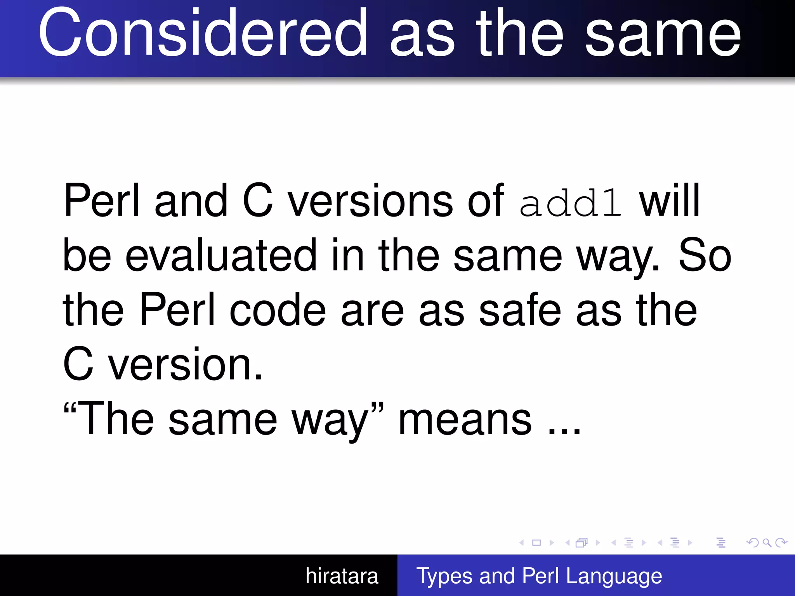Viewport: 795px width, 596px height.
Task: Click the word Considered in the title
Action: click(x=202, y=33)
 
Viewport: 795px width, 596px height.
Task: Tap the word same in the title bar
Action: click(x=663, y=35)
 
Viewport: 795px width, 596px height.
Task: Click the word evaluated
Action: click(x=220, y=256)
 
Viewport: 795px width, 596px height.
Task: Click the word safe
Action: click(x=520, y=310)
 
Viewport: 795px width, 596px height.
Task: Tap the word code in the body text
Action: click(x=278, y=310)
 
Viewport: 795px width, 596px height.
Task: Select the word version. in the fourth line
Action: click(x=185, y=365)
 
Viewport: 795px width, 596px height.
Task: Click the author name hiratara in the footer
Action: click(x=342, y=576)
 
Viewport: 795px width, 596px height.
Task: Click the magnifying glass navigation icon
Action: click(x=767, y=542)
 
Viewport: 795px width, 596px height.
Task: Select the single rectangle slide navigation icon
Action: click(x=536, y=542)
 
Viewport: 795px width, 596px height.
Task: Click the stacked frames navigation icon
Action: click(x=581, y=542)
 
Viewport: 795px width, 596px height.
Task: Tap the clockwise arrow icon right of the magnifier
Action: click(x=781, y=542)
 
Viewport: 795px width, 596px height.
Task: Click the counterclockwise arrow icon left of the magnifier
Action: click(x=753, y=542)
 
